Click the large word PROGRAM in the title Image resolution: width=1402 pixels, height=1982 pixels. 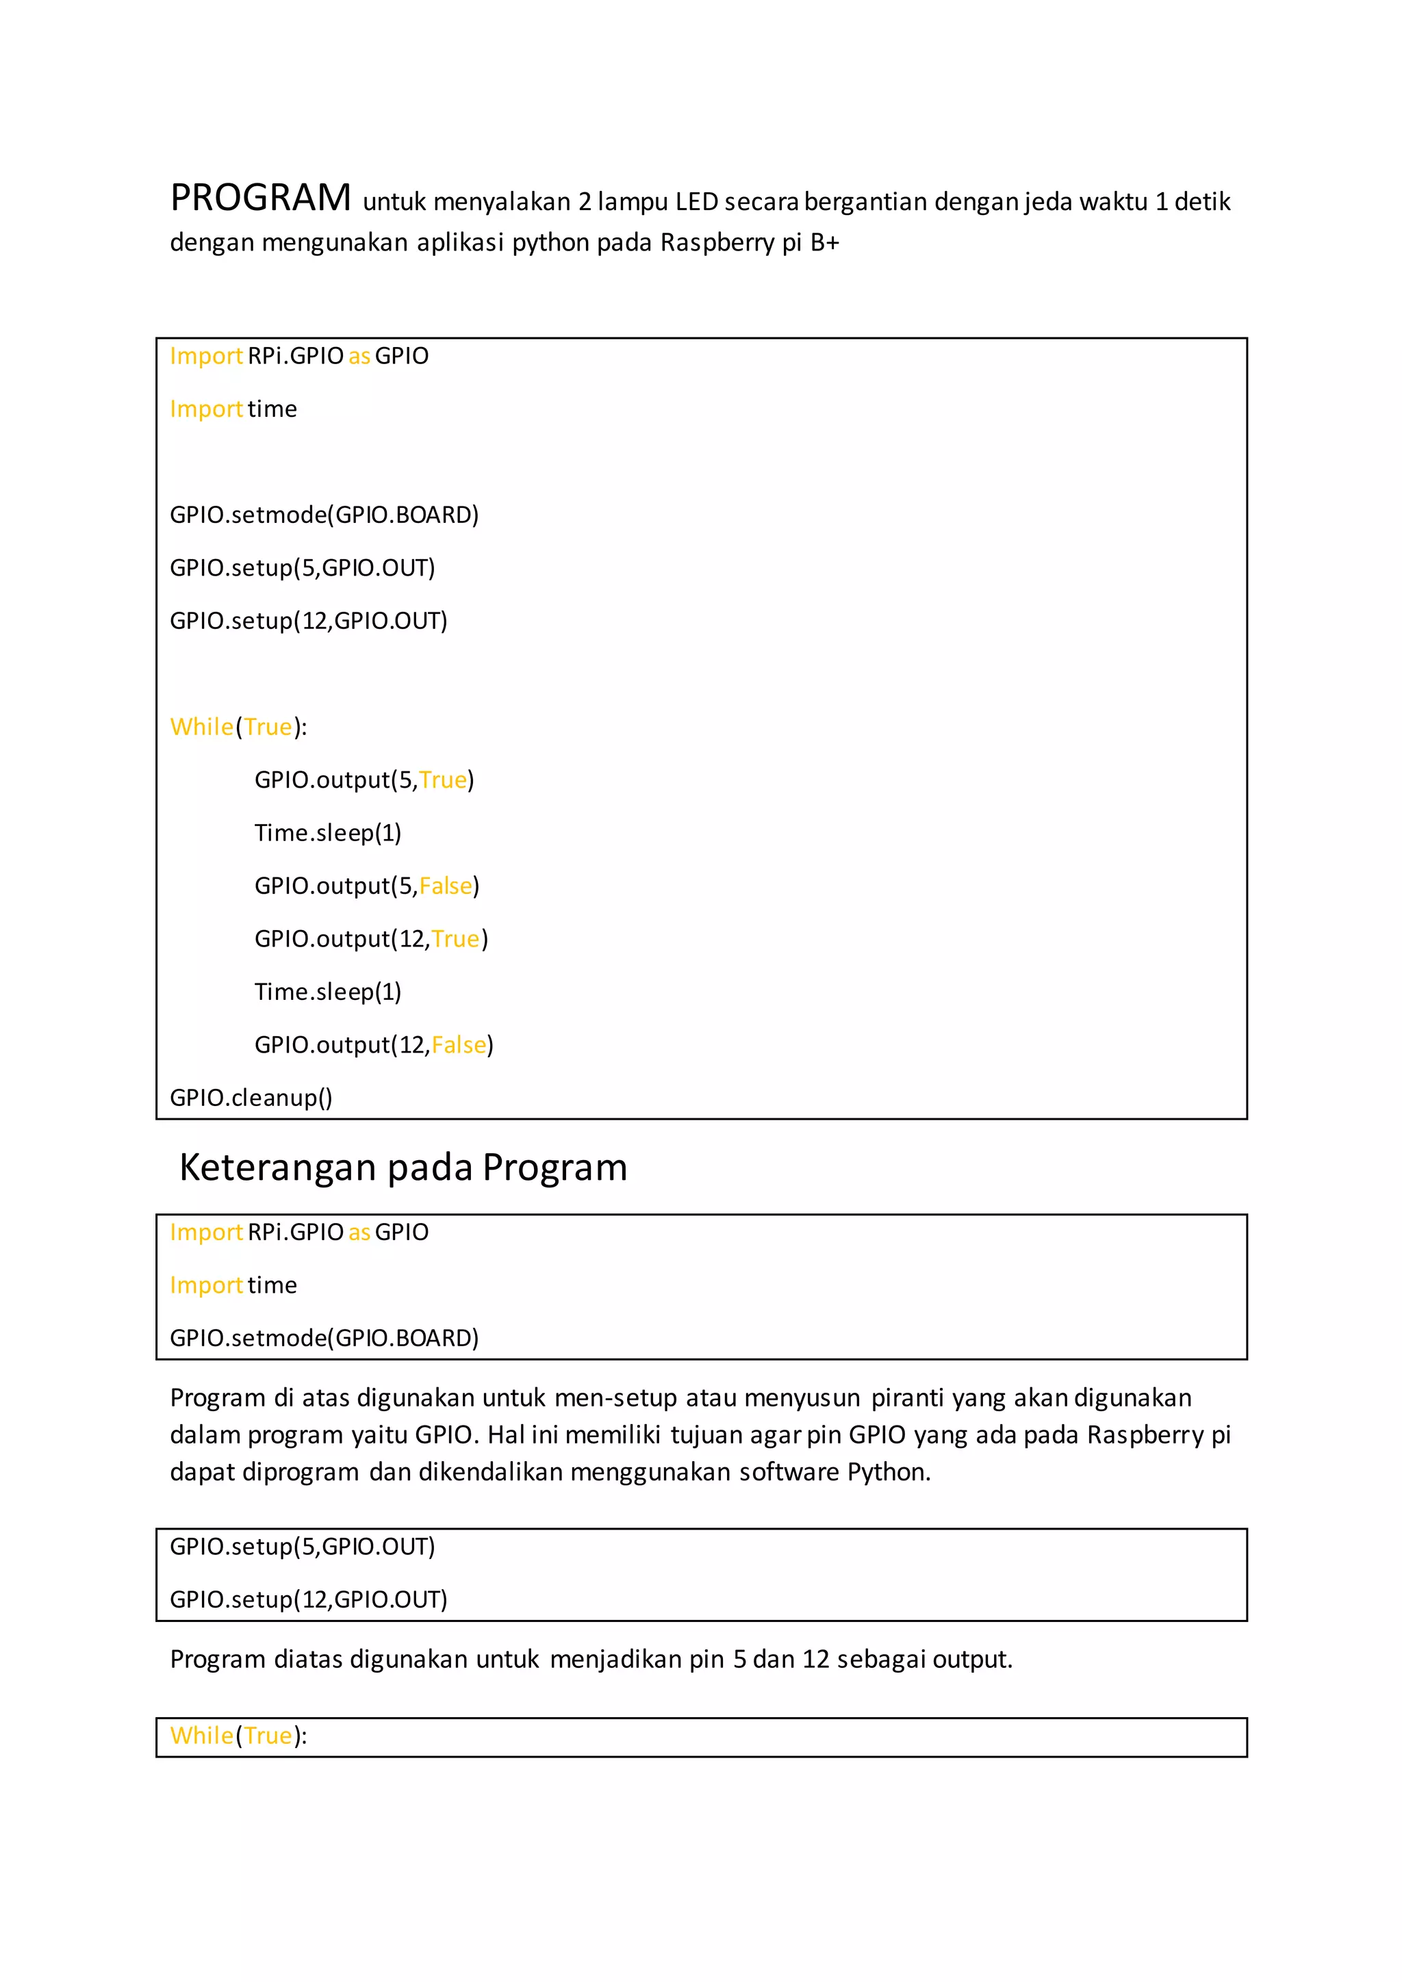pyautogui.click(x=260, y=198)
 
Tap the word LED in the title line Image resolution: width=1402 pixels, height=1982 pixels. pyautogui.click(x=696, y=202)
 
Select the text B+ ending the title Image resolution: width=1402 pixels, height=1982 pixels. pyautogui.click(x=824, y=242)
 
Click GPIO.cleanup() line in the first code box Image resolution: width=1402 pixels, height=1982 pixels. pyautogui.click(x=251, y=1097)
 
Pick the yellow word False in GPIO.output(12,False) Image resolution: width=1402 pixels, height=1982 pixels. pyautogui.click(x=459, y=1044)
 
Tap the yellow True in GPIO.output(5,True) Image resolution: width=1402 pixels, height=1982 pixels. pyautogui.click(x=443, y=780)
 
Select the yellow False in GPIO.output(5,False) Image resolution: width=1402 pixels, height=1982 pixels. pyautogui.click(x=446, y=886)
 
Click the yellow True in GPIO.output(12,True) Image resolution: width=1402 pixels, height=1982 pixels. pyautogui.click(x=455, y=938)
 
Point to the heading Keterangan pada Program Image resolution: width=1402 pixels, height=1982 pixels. pyautogui.click(x=403, y=1167)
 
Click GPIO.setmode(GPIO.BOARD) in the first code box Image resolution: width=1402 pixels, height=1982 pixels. pyautogui.click(x=324, y=515)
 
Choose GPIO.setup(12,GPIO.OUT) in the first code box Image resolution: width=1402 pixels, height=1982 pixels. pyautogui.click(x=308, y=621)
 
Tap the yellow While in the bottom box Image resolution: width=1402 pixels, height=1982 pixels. pyautogui.click(x=201, y=1735)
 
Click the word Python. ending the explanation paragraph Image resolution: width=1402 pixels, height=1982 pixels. pyautogui.click(x=889, y=1472)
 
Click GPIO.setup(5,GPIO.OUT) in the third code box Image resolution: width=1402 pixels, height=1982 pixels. pyautogui.click(x=302, y=1546)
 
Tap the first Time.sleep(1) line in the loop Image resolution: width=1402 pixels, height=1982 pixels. pyautogui.click(x=327, y=833)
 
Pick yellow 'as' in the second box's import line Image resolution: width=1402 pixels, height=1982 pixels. pyautogui.click(x=359, y=1232)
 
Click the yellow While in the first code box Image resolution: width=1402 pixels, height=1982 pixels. pyautogui.click(x=201, y=727)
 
